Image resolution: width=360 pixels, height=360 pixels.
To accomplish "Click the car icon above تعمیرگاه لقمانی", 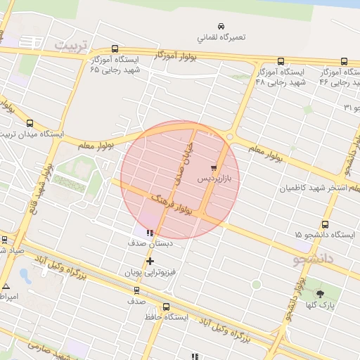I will (x=221, y=26).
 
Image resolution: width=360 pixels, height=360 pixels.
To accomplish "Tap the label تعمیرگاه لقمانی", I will (x=221, y=37).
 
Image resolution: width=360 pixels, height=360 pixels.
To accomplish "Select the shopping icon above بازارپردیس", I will (x=213, y=168).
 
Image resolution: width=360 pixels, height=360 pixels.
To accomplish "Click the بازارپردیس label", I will (x=218, y=179).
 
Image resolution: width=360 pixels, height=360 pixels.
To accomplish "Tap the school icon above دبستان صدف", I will (x=149, y=232).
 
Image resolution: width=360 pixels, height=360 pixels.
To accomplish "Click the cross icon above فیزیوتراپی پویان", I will (x=149, y=262).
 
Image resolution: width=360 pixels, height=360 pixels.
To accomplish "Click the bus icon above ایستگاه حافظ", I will (x=166, y=307).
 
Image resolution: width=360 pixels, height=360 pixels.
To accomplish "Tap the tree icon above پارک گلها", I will (x=321, y=294).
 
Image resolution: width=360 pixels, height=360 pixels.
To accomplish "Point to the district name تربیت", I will (x=73, y=46).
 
